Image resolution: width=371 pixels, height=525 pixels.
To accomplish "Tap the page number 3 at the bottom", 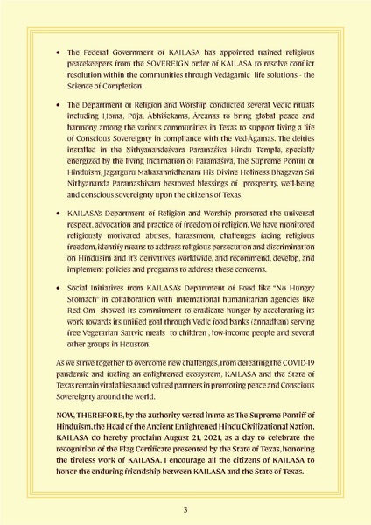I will [x=185, y=508].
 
